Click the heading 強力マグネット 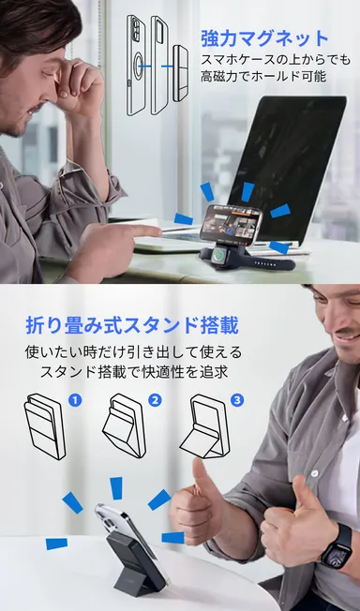click(x=264, y=38)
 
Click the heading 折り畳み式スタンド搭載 click(x=132, y=326)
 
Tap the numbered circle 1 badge click(x=76, y=400)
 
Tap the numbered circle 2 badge click(x=156, y=400)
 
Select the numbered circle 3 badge click(x=236, y=400)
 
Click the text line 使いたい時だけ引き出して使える click(x=133, y=352)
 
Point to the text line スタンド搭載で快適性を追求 click(x=133, y=372)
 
